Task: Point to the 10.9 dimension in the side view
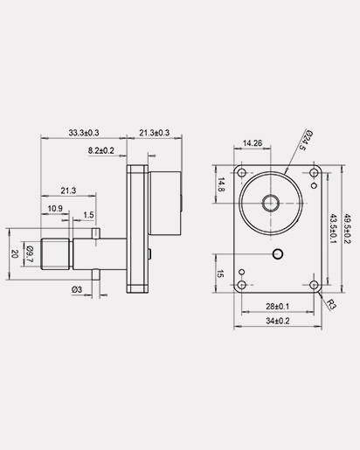pos(54,208)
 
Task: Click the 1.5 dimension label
pos(89,215)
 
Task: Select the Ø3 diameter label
pos(77,289)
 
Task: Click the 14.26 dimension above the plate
pos(253,142)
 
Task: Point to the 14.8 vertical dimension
pos(221,184)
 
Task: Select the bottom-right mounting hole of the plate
pos(314,284)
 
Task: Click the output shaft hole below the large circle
pos(279,253)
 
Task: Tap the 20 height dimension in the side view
pos(15,253)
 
